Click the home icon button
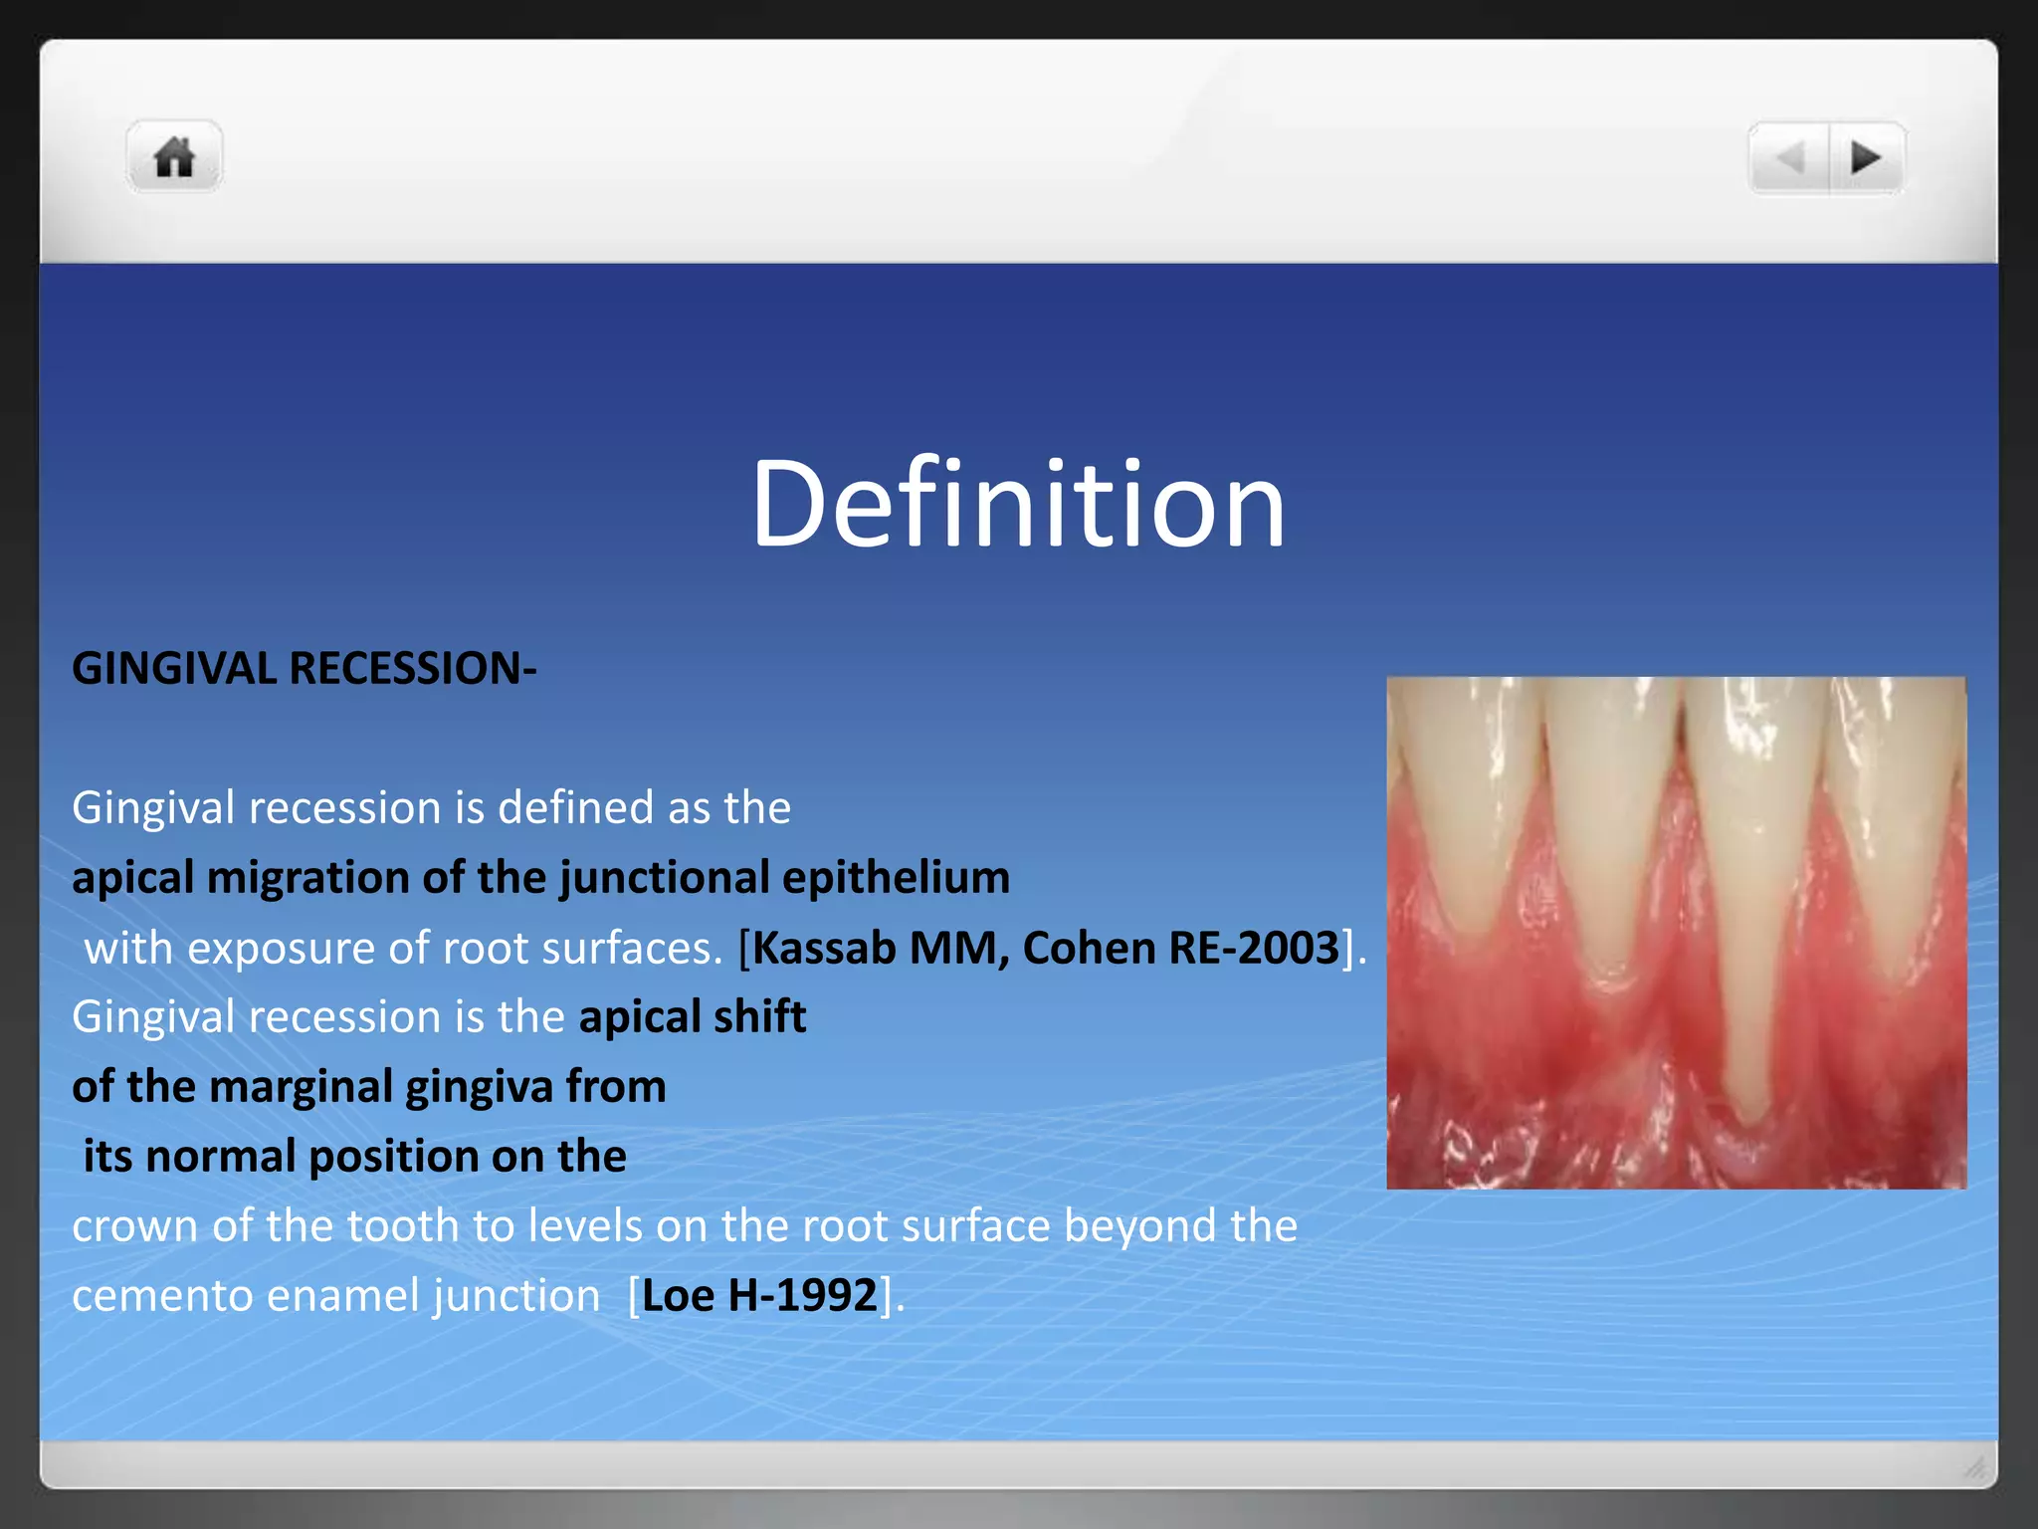[174, 157]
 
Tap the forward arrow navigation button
[1866, 157]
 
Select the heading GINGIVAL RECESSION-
[304, 668]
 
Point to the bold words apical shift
[692, 1017]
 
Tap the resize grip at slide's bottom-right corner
[1975, 1467]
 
